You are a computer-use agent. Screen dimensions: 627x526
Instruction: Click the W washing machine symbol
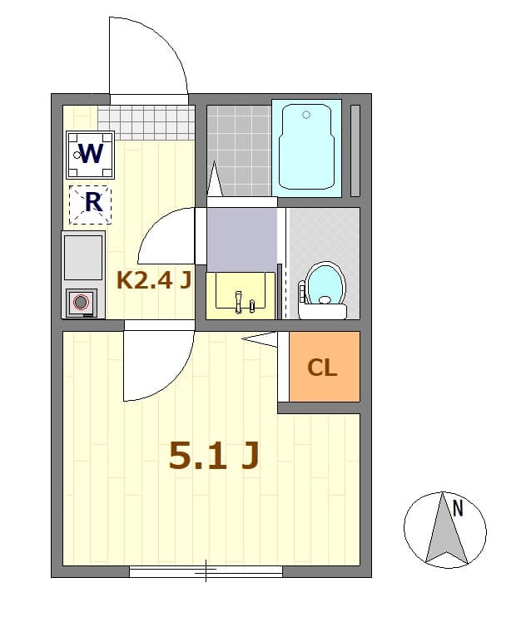pyautogui.click(x=90, y=154)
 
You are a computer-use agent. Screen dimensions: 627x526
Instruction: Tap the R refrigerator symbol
pyautogui.click(x=91, y=202)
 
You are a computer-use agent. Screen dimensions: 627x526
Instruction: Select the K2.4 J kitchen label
pyautogui.click(x=154, y=280)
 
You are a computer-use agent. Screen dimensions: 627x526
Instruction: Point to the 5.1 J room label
pyautogui.click(x=214, y=455)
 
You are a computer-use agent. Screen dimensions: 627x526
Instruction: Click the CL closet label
pyautogui.click(x=323, y=368)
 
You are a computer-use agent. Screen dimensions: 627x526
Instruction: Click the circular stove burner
pyautogui.click(x=82, y=303)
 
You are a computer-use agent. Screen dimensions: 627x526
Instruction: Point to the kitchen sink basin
pyautogui.click(x=82, y=257)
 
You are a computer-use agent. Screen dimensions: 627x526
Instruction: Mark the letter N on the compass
pyautogui.click(x=457, y=506)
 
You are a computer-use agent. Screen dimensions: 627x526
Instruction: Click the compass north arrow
pyautogui.click(x=446, y=532)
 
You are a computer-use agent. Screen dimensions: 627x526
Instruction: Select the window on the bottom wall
pyautogui.click(x=206, y=571)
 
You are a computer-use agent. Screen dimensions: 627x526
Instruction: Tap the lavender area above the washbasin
pyautogui.click(x=241, y=239)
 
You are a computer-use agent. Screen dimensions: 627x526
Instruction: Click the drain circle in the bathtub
pyautogui.click(x=306, y=115)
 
